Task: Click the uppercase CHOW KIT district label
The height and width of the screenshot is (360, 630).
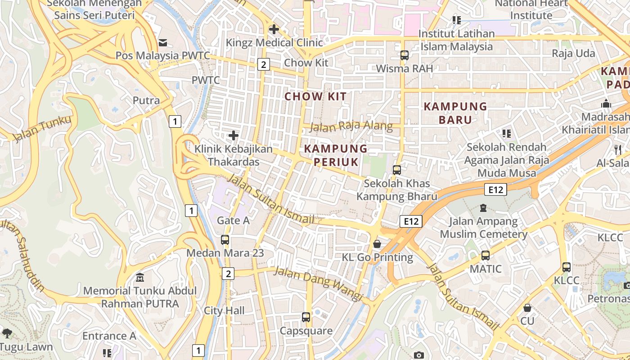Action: [315, 96]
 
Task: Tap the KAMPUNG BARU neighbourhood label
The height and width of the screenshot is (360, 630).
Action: [455, 113]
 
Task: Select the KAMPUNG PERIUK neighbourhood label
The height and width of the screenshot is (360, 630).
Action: [336, 155]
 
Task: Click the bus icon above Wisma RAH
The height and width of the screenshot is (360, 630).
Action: [405, 55]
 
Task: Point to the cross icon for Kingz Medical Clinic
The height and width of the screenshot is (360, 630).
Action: [274, 30]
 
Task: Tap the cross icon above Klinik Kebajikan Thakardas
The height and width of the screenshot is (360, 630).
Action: [233, 135]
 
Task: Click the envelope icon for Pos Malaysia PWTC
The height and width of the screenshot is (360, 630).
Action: [163, 43]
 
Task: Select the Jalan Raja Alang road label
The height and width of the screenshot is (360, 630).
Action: [351, 126]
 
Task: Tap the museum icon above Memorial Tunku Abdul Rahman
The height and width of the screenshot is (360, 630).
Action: [140, 278]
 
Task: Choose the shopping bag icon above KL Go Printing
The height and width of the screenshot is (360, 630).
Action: [377, 244]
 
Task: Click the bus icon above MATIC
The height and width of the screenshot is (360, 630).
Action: [485, 256]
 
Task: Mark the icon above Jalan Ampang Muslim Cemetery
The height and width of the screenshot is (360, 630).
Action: [483, 208]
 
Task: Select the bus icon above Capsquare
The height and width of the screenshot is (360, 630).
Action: [306, 317]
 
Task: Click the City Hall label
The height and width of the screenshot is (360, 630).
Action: [224, 310]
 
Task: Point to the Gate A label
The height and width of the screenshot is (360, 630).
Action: [233, 220]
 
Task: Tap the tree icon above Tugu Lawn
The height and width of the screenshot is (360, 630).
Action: [7, 333]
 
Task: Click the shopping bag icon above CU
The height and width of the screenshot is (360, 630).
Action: [527, 308]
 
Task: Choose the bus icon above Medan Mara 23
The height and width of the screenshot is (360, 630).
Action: [225, 240]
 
